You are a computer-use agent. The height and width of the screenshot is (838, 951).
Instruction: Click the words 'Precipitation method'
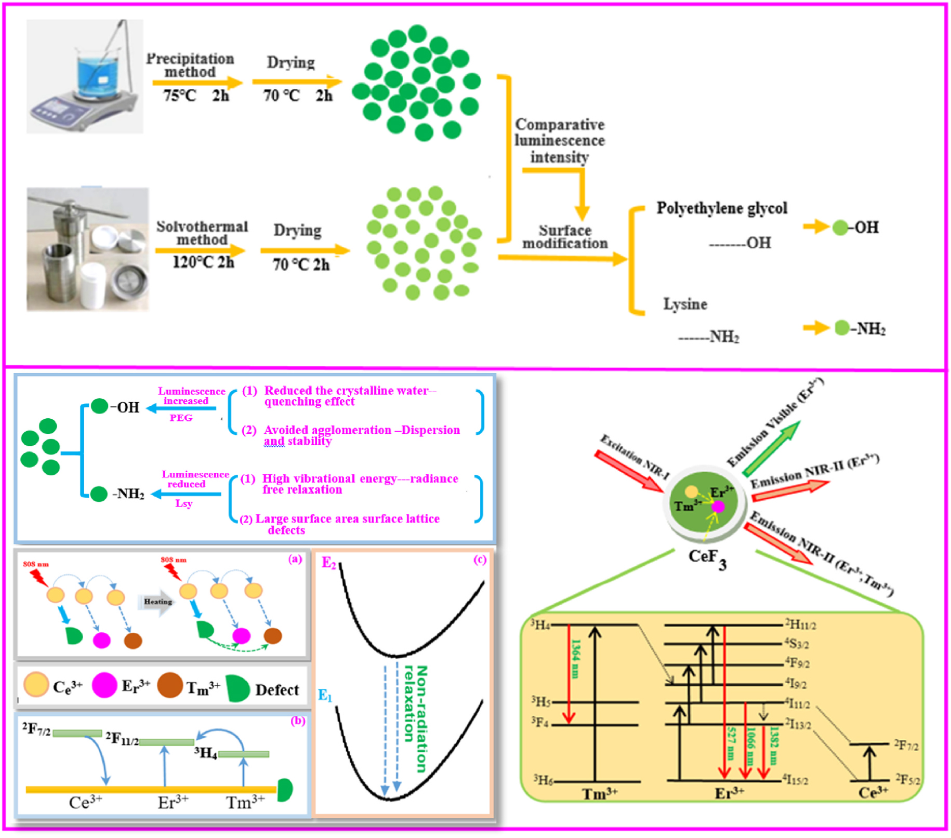(x=190, y=65)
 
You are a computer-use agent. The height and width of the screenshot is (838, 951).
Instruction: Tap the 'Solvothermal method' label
(x=202, y=233)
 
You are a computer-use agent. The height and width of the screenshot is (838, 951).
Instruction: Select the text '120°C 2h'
(x=203, y=262)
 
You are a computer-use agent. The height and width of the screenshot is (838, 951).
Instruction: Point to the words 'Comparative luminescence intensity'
(x=559, y=141)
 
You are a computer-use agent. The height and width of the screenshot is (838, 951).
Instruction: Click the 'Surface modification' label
(x=564, y=237)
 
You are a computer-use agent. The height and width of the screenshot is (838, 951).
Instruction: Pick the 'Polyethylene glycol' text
(x=721, y=208)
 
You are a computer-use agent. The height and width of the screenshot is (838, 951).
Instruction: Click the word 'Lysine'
(x=684, y=304)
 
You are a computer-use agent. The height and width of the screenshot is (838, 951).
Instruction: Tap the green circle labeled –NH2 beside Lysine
(x=842, y=328)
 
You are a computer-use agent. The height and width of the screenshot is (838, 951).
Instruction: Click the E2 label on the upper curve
(x=329, y=563)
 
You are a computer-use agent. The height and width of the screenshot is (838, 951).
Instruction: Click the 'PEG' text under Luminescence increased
(x=181, y=418)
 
